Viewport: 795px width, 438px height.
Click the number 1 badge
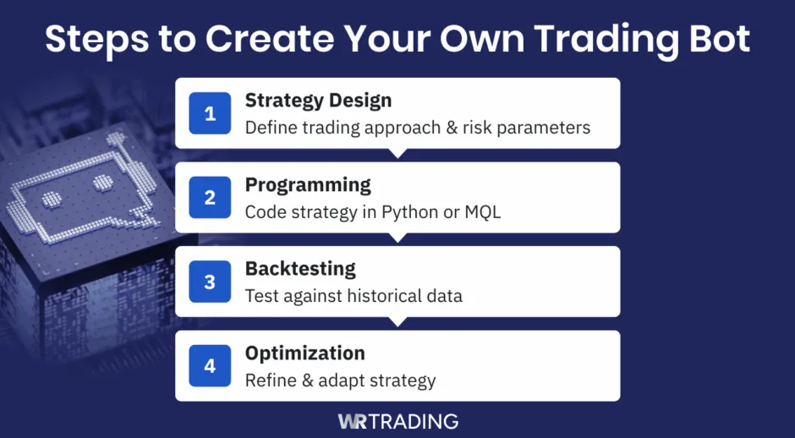pos(210,113)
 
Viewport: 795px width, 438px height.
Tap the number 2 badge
pos(210,198)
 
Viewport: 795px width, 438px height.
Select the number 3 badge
pos(210,282)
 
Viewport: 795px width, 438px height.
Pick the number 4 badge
pos(210,366)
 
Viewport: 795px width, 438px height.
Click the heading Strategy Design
pos(318,101)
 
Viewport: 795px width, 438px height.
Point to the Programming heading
pos(308,184)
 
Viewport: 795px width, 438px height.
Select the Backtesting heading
pos(300,269)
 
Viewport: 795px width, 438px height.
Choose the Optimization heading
pos(305,353)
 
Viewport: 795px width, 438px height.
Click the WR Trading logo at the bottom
pos(397,420)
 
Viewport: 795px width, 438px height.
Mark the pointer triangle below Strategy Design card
pos(397,153)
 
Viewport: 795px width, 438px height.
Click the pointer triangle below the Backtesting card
pos(397,321)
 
